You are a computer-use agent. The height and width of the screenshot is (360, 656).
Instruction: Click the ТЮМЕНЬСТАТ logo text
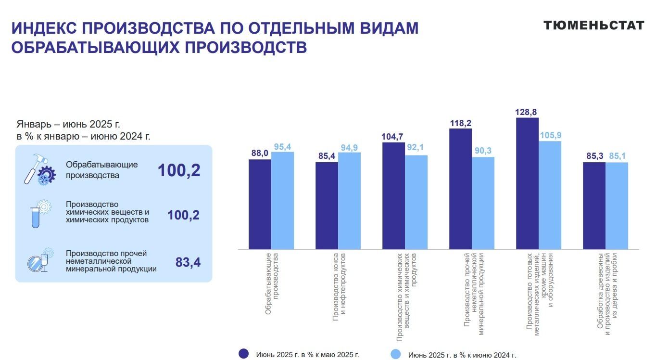(x=593, y=26)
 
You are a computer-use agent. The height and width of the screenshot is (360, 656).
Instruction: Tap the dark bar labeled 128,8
(x=527, y=183)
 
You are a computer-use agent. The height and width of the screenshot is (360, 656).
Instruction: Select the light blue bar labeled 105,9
(x=550, y=195)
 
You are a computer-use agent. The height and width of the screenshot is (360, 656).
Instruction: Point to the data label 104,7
(x=393, y=137)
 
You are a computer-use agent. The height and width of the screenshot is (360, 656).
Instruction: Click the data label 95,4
(x=283, y=146)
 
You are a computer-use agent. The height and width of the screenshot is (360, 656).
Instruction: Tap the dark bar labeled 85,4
(x=327, y=206)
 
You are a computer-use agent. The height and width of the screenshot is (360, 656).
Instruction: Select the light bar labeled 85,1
(x=617, y=206)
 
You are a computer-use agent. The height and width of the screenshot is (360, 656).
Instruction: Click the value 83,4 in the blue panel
(x=188, y=262)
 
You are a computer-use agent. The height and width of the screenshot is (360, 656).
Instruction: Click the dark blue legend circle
(x=244, y=354)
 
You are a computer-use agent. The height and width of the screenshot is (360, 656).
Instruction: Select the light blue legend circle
(x=396, y=354)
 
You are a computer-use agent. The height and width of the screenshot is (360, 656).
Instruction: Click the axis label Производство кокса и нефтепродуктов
(x=339, y=286)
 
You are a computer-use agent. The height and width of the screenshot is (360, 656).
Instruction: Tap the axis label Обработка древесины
(x=607, y=291)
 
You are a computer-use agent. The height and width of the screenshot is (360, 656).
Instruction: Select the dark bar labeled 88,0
(x=260, y=204)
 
